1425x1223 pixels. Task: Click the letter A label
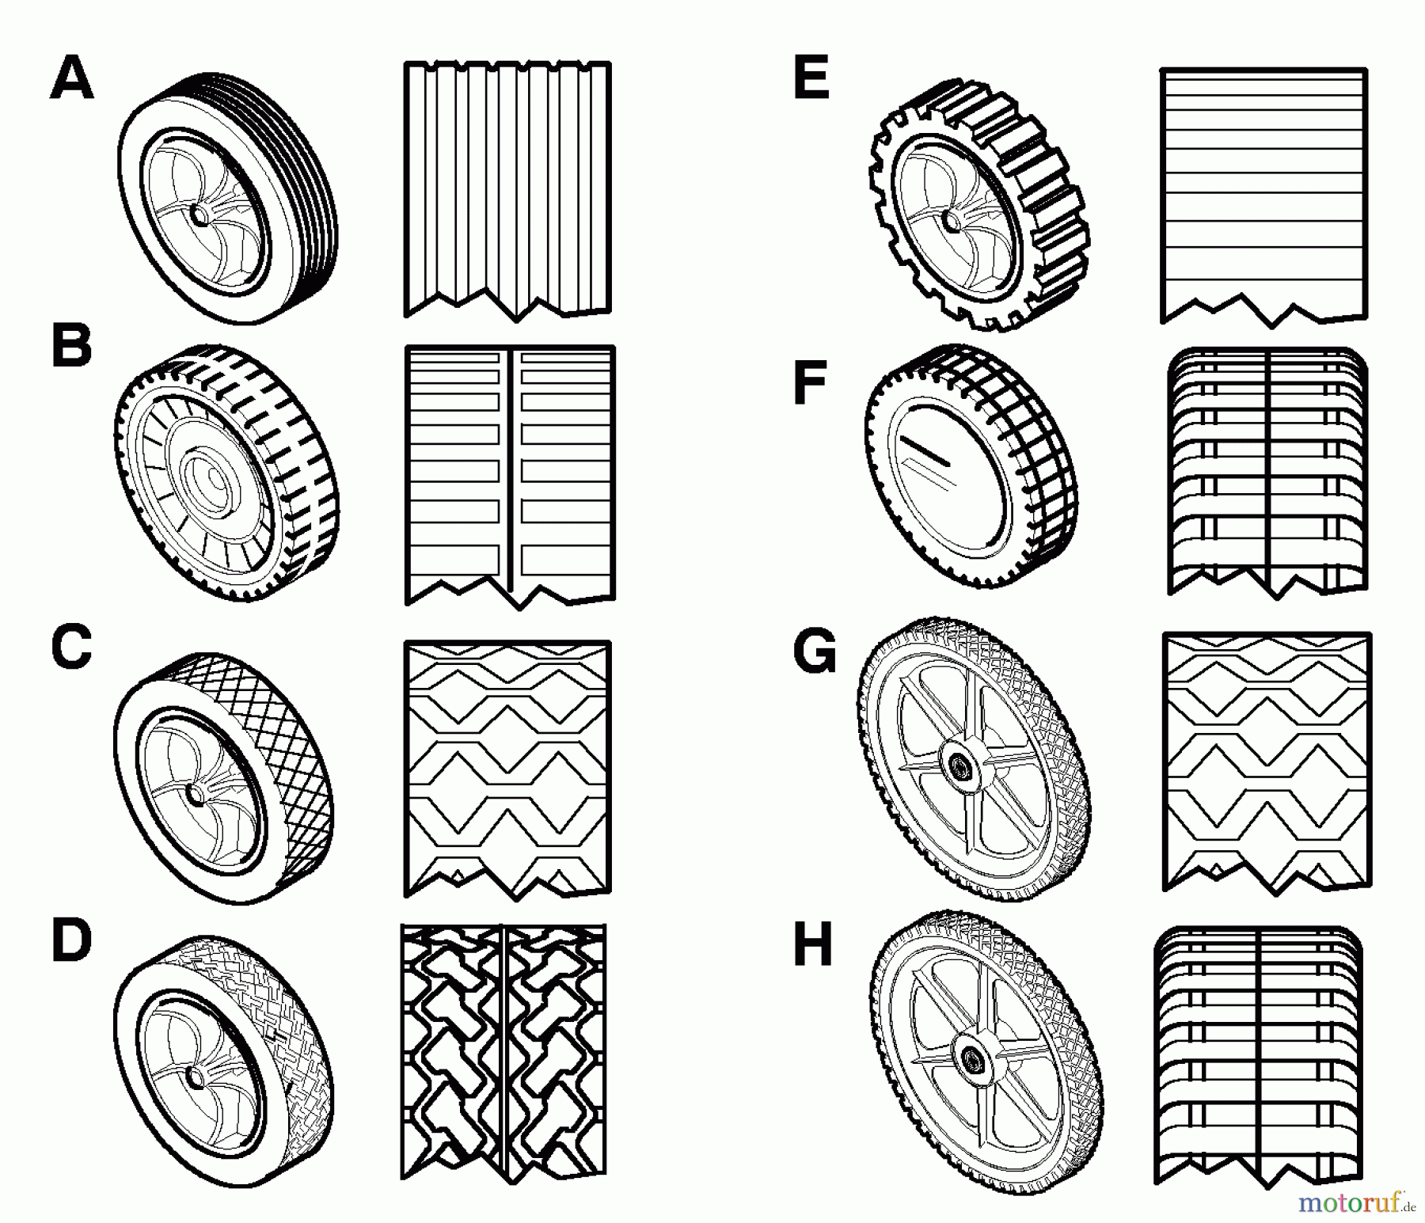click(x=72, y=80)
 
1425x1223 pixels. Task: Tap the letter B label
click(x=71, y=348)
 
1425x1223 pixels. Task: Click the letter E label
click(x=811, y=80)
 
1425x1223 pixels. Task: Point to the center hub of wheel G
click(x=960, y=765)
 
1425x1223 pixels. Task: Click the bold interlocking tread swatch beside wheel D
click(x=503, y=1053)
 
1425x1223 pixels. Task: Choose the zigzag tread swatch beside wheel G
click(x=1267, y=764)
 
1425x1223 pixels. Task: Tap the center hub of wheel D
click(x=193, y=1077)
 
